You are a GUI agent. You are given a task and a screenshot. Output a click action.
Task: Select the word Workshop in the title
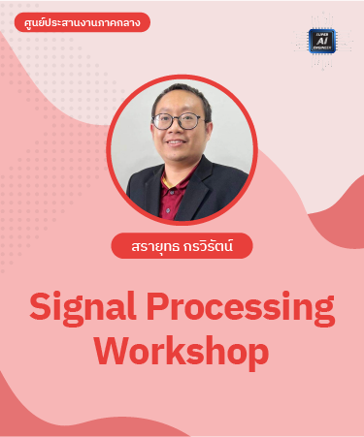coord(182,350)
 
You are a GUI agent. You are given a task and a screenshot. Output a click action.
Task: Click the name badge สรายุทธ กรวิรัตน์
coord(182,246)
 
